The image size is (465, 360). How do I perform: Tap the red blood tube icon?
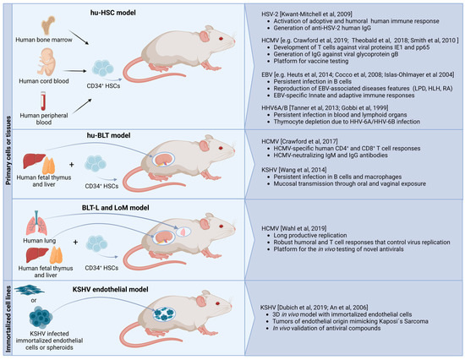(47, 109)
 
